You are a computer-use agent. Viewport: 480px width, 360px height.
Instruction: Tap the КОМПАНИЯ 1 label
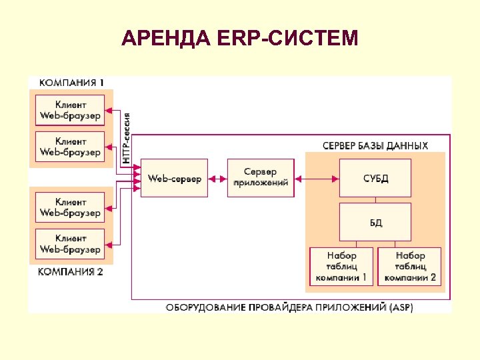click(71, 83)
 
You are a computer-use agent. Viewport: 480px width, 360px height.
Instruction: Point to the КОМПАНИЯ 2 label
click(71, 272)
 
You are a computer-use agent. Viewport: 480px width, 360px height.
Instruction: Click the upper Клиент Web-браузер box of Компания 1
click(70, 111)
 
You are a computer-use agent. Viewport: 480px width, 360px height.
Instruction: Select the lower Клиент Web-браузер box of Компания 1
click(70, 147)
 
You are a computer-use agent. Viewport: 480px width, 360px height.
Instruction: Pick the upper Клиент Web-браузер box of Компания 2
click(70, 207)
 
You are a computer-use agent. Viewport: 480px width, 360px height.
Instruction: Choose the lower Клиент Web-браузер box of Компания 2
click(70, 244)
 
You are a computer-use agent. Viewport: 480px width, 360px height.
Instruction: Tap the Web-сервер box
click(174, 178)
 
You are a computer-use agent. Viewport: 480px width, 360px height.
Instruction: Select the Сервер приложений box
click(260, 178)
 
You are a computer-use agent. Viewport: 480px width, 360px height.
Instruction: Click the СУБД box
click(375, 178)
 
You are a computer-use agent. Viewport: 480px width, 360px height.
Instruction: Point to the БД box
click(375, 222)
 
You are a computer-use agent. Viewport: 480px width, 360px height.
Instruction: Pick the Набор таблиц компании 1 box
click(341, 266)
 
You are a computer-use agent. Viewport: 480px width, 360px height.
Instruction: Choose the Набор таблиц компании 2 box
click(410, 266)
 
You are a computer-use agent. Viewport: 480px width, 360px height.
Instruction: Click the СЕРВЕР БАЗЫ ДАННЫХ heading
click(375, 145)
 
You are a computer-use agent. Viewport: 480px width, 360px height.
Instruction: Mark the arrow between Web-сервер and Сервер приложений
click(217, 179)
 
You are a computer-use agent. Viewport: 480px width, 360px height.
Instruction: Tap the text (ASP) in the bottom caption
click(400, 308)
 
